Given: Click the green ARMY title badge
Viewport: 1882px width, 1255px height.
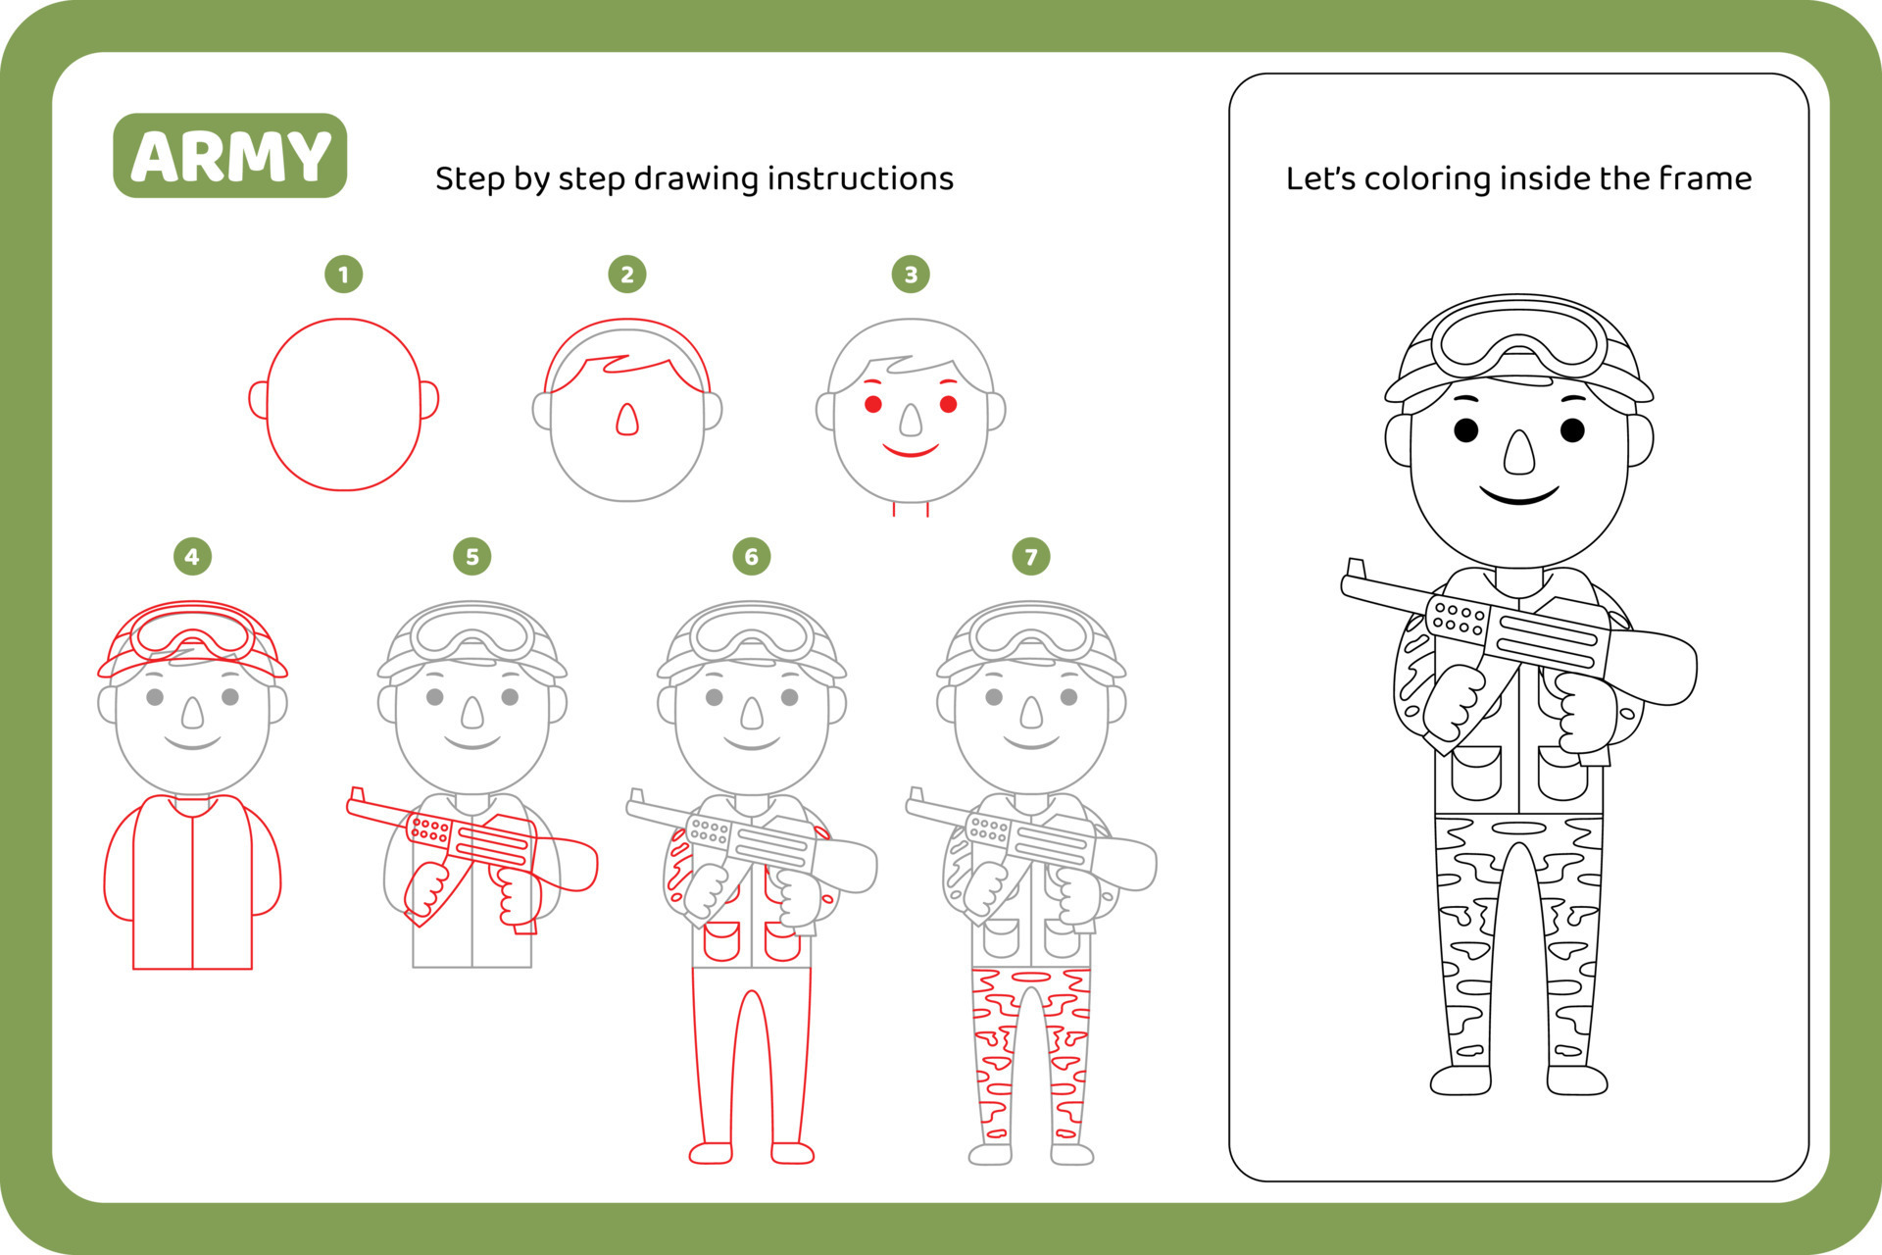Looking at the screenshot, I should click(229, 156).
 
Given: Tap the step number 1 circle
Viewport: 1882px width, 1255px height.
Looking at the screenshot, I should click(343, 275).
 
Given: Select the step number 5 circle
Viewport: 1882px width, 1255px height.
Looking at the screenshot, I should click(471, 557).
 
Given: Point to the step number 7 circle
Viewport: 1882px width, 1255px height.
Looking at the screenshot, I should click(1030, 557).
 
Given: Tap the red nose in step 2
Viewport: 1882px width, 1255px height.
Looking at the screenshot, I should click(626, 420).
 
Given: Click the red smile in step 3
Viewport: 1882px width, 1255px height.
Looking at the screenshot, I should click(911, 452).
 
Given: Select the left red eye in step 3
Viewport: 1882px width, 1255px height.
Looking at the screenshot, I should click(872, 404).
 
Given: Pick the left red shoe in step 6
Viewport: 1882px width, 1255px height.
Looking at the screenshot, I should click(711, 1153).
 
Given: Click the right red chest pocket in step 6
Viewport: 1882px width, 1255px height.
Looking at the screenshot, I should click(781, 941).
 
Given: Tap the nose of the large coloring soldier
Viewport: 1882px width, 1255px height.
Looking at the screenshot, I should click(1518, 453).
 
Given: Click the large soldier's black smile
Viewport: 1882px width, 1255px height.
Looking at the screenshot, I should click(1518, 495).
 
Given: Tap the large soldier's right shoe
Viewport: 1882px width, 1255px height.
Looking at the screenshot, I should click(1576, 1079).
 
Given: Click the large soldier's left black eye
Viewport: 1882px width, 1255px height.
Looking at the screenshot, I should click(1465, 430).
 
